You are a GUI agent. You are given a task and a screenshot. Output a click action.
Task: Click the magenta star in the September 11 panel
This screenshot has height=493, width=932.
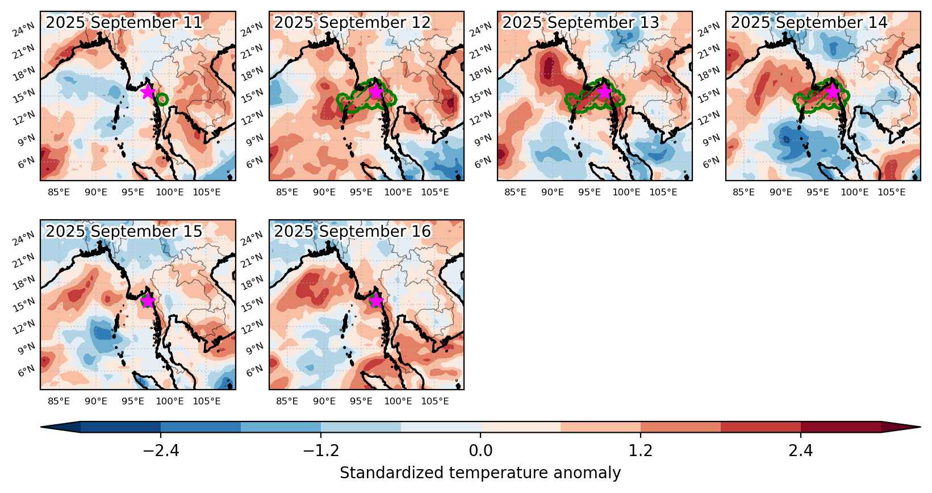tap(148, 91)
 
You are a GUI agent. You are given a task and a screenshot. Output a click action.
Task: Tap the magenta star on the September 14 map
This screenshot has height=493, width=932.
tap(833, 91)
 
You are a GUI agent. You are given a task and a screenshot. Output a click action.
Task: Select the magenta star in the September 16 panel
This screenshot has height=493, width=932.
tap(376, 300)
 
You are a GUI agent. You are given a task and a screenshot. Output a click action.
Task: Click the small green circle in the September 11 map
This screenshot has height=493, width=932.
tap(162, 100)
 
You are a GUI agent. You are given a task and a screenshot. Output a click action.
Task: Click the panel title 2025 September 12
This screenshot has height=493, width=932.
tap(352, 23)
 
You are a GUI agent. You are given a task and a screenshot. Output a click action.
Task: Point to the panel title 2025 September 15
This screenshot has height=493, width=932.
tap(124, 231)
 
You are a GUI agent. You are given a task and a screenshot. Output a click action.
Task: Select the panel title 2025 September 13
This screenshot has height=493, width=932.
tap(580, 23)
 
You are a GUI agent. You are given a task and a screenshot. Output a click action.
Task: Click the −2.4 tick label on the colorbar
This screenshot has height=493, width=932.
tap(161, 450)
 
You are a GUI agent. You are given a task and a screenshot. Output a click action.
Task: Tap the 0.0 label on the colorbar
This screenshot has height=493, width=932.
tap(480, 450)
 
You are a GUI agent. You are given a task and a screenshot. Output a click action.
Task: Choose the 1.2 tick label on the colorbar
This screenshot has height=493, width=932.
tap(640, 450)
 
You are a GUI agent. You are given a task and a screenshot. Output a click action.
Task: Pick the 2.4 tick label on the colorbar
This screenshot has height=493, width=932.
tap(801, 450)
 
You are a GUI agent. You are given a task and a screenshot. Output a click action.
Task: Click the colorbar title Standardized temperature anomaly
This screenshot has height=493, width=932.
tap(480, 474)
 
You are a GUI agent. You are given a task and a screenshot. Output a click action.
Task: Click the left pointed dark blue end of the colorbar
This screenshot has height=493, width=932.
tap(61, 427)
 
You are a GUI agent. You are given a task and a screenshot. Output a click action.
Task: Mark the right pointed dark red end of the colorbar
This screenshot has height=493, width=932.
tap(901, 427)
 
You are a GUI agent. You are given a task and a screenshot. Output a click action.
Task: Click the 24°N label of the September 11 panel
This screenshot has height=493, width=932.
tap(24, 30)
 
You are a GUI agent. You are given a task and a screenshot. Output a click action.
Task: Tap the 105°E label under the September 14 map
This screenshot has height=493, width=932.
tap(892, 192)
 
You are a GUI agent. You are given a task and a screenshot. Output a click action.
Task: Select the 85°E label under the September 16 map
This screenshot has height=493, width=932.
tap(287, 401)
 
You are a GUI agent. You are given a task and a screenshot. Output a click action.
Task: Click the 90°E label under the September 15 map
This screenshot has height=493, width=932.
tap(96, 401)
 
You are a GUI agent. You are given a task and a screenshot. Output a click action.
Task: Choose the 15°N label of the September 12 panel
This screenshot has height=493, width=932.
tap(252, 96)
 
